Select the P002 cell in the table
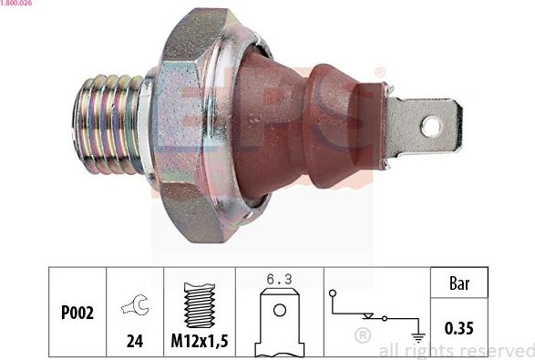coord(77,313)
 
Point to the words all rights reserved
coord(456,350)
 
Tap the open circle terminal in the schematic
coord(334,293)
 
